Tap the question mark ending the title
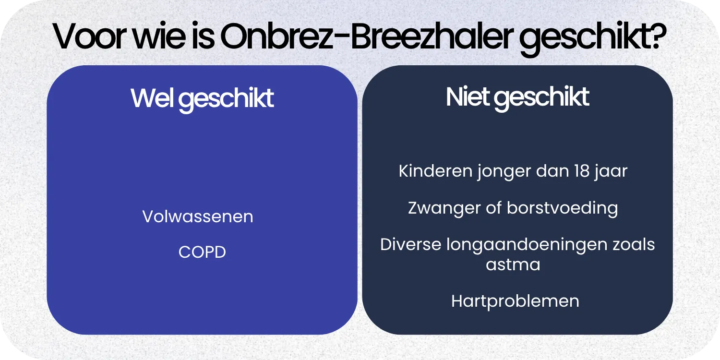click(x=657, y=35)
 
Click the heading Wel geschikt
click(x=202, y=99)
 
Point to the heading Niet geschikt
click(x=517, y=97)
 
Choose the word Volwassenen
click(x=198, y=216)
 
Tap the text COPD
click(x=202, y=252)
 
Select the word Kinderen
click(x=434, y=171)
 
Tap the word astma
click(x=513, y=264)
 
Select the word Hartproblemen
click(x=515, y=301)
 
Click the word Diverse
click(x=410, y=244)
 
